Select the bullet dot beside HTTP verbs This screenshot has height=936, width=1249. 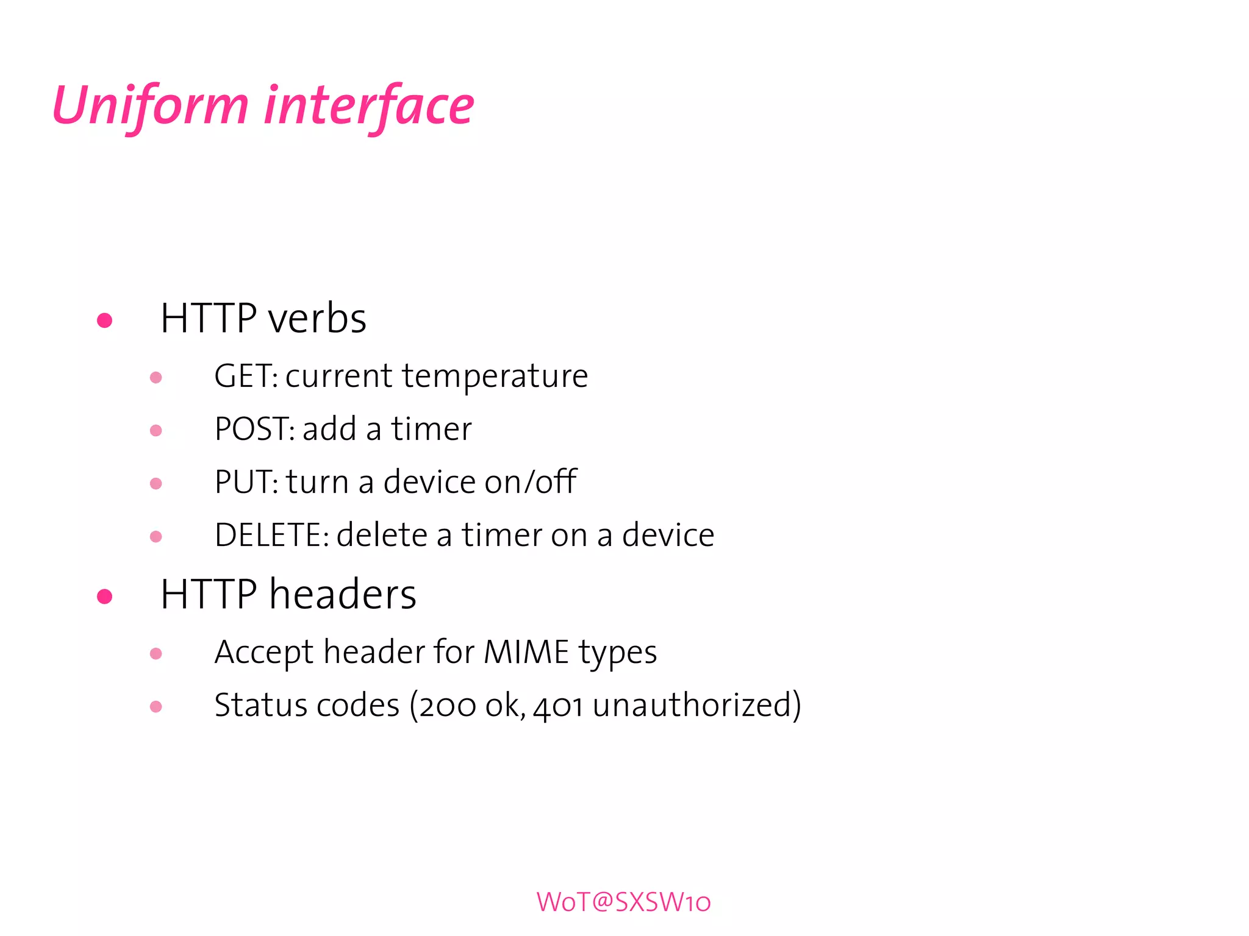[x=105, y=320]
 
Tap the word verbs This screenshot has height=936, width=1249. [x=317, y=319]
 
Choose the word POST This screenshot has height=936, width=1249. [x=253, y=429]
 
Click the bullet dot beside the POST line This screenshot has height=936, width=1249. [x=156, y=431]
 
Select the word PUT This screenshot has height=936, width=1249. [x=244, y=482]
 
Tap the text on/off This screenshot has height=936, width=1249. [x=531, y=481]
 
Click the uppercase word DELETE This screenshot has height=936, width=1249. [x=269, y=535]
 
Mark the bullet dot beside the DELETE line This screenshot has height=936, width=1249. [x=156, y=537]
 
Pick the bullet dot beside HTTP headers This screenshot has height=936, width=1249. [x=105, y=596]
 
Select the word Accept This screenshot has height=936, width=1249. [x=264, y=653]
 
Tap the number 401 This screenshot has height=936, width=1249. [x=558, y=706]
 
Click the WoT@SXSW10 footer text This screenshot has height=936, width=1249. [x=623, y=902]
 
